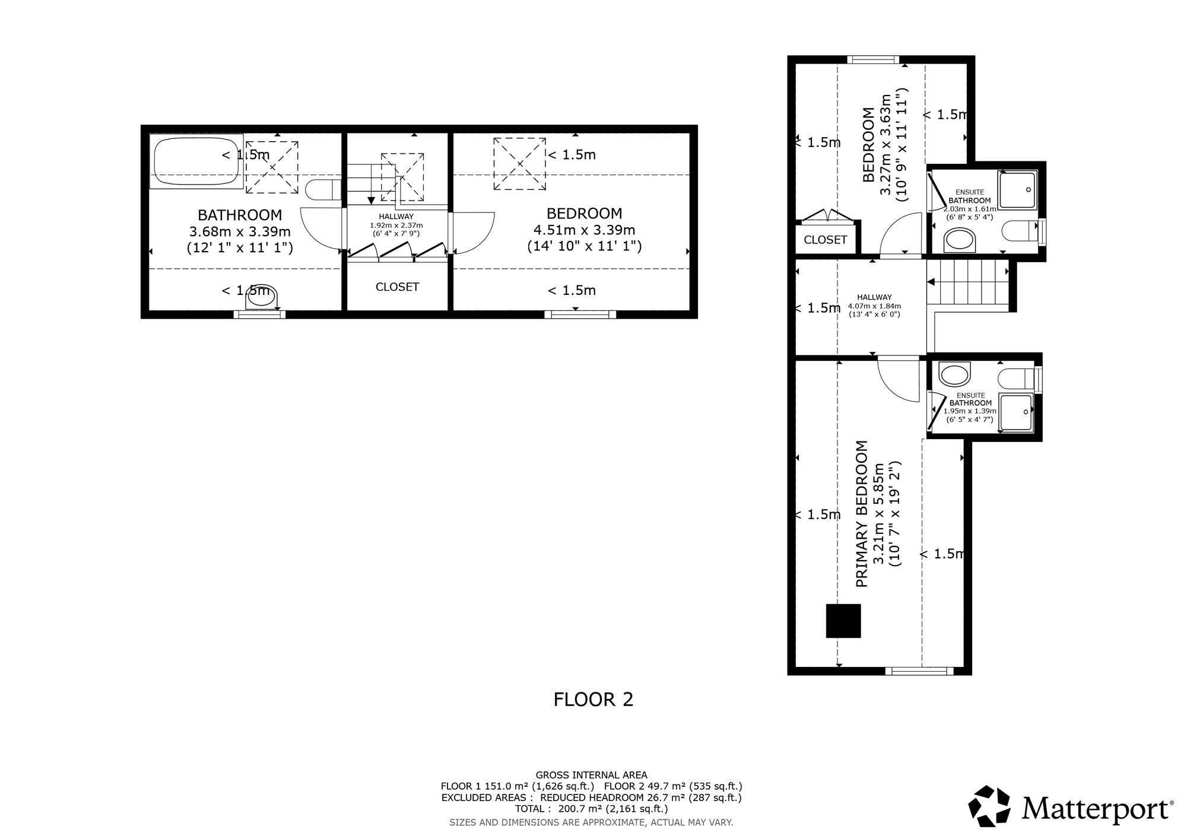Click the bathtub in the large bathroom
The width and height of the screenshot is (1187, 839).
tap(196, 161)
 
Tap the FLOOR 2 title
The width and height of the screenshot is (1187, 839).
tap(593, 700)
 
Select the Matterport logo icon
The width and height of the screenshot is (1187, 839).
tap(989, 806)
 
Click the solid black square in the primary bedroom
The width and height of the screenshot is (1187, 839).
tap(843, 621)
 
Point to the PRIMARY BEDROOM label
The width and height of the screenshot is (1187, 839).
tap(862, 514)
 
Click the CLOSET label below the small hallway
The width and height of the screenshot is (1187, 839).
tap(397, 287)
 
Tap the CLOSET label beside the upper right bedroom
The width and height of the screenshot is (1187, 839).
tap(825, 240)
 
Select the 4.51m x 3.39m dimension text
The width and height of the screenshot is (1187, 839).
tap(585, 230)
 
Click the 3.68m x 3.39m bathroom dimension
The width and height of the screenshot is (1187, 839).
tap(240, 231)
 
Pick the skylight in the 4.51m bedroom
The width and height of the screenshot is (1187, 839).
tap(519, 164)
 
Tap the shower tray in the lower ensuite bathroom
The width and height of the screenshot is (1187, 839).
tap(1017, 412)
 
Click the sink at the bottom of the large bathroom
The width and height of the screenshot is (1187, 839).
tap(262, 297)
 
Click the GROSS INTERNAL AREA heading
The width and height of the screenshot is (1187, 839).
tap(592, 775)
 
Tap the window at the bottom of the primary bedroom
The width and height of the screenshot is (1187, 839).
tap(919, 671)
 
